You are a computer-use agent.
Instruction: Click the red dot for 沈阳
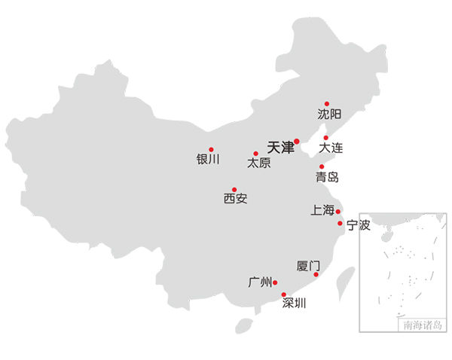(327, 104)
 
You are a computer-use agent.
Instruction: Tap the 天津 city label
(280, 148)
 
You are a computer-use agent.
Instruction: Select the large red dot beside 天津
(297, 142)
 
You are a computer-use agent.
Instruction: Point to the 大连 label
(331, 148)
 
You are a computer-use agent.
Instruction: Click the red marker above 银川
(211, 149)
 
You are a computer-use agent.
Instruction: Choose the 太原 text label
(259, 163)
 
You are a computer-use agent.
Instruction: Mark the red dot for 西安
(234, 189)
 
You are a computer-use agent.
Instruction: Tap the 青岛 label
(327, 177)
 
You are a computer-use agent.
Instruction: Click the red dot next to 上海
(338, 212)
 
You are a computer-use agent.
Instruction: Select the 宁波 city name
(359, 225)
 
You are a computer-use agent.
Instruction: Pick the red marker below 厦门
(316, 274)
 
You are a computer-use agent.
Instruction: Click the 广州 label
(260, 282)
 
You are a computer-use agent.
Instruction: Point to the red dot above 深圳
(284, 294)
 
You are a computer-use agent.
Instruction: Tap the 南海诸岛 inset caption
(423, 325)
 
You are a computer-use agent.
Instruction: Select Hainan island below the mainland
(244, 326)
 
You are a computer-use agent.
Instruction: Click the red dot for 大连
(326, 138)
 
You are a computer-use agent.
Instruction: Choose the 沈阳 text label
(329, 114)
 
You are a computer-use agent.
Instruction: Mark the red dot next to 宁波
(341, 224)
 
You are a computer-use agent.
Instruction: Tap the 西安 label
(236, 199)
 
